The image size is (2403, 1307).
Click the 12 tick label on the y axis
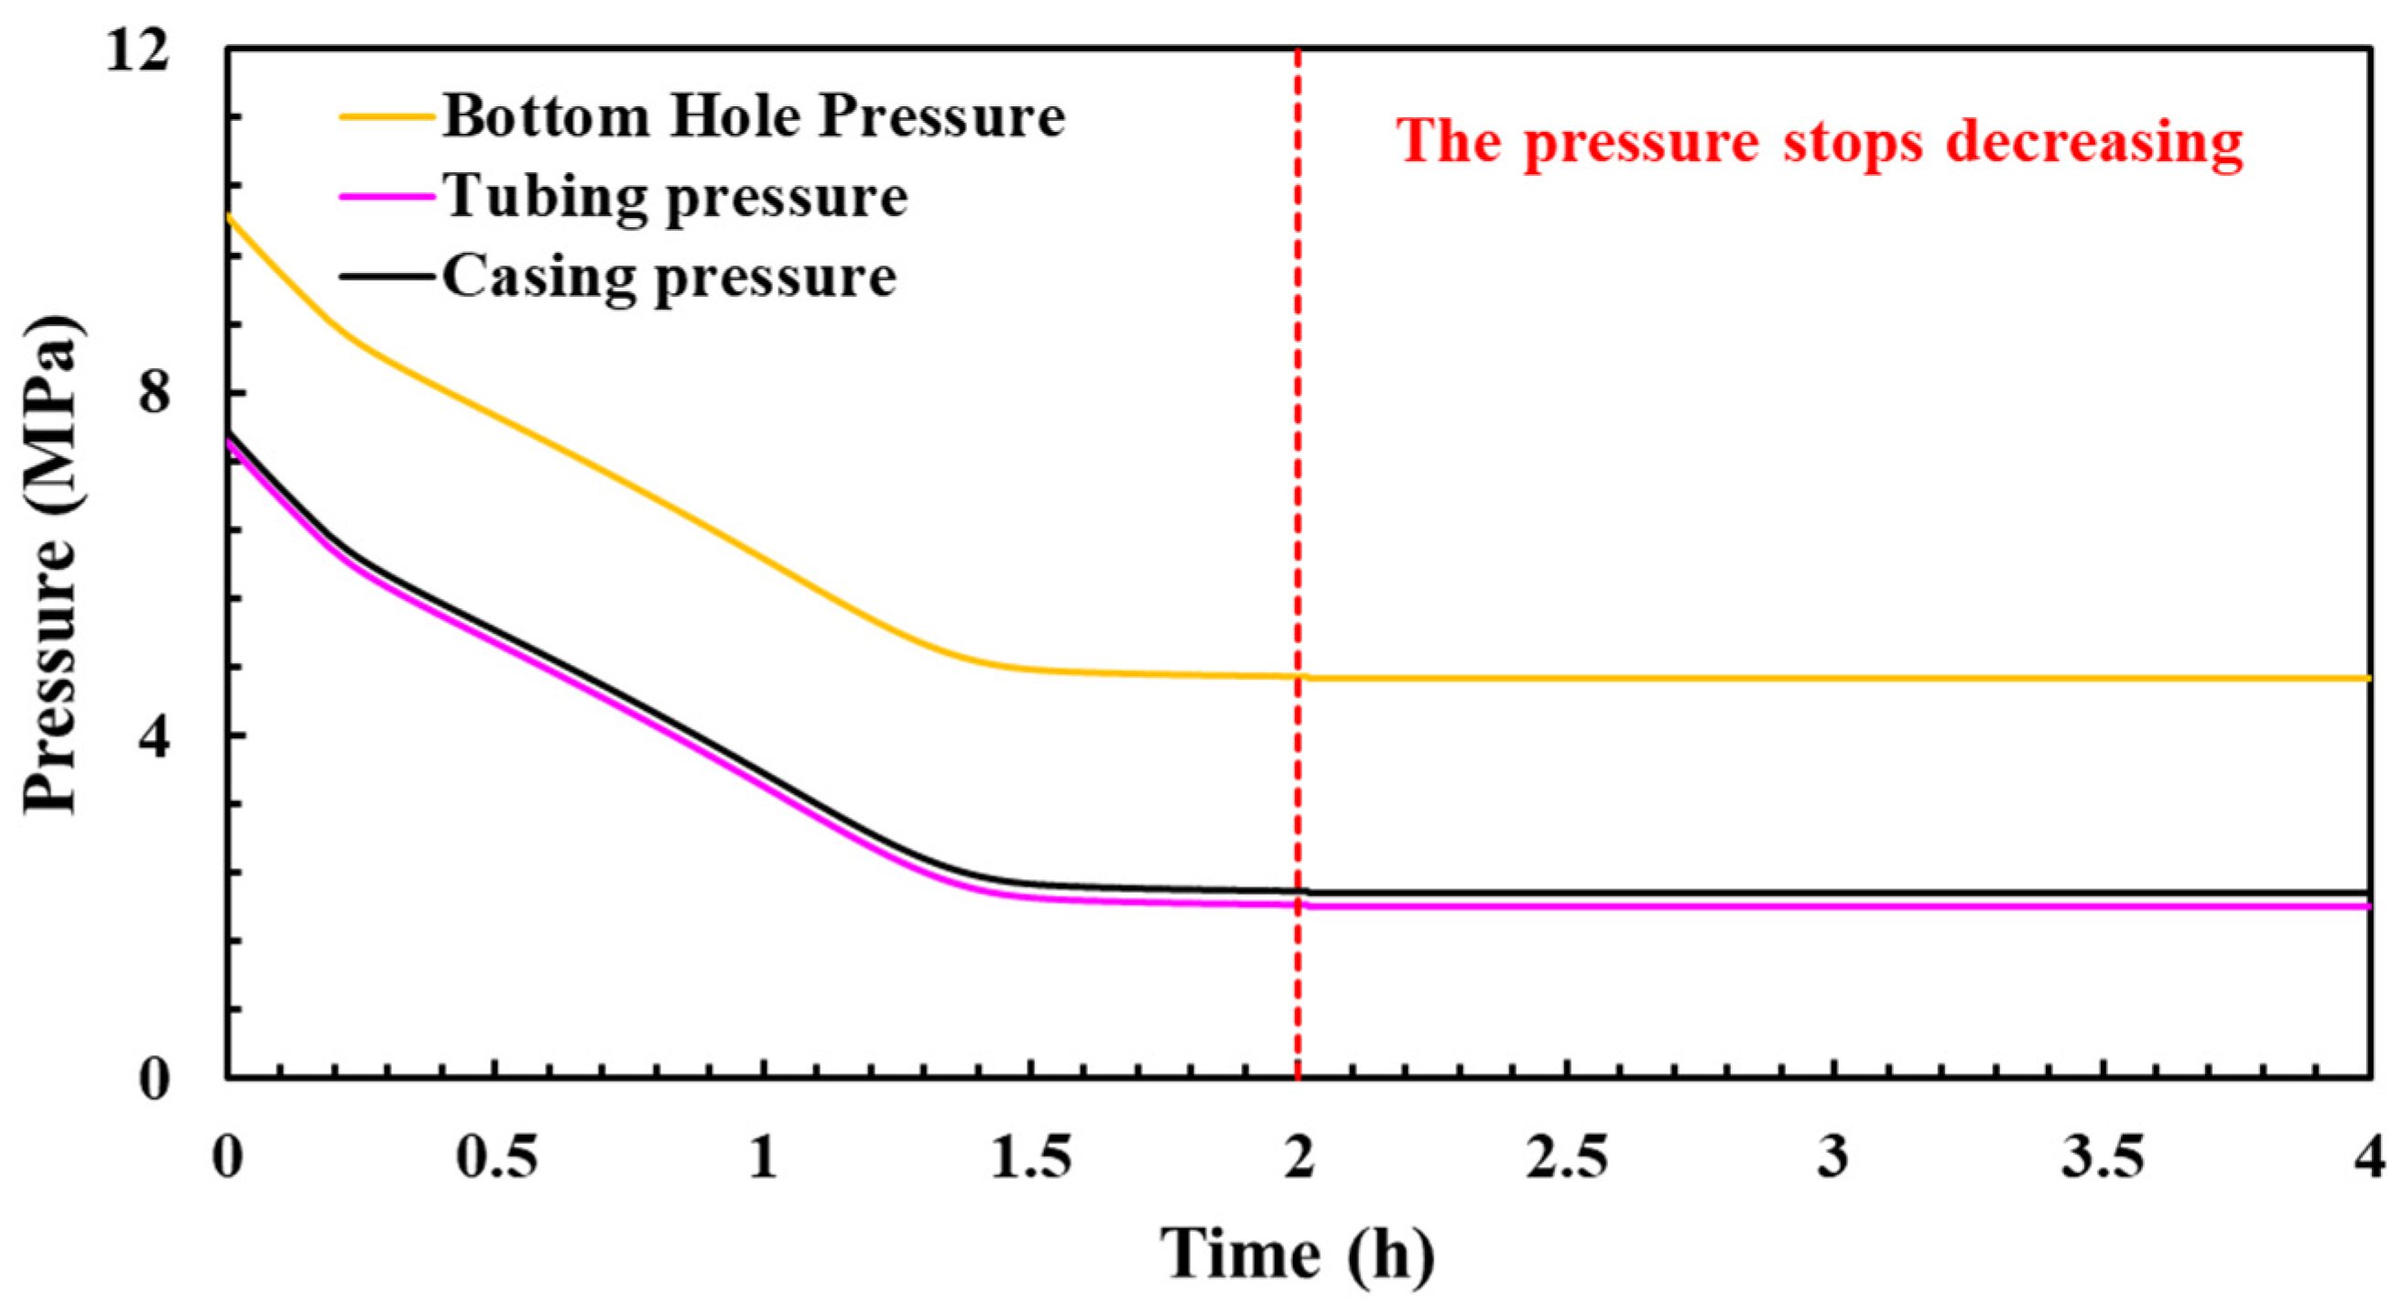coord(137,50)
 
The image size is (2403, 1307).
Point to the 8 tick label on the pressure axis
coord(153,395)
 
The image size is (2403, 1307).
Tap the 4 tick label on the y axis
coord(153,737)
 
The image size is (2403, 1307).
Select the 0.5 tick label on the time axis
coord(496,1158)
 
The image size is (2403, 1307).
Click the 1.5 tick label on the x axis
coord(1031,1158)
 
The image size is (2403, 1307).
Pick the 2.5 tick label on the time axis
coord(1567,1158)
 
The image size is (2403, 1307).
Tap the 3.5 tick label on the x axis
coord(2103,1158)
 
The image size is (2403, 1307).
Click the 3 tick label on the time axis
coord(1834,1158)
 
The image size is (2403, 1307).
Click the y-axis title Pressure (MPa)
coord(51,565)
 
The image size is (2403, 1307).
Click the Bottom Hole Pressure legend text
coord(754,117)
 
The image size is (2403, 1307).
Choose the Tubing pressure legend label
coord(675,197)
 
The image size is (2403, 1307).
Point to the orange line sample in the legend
coord(387,117)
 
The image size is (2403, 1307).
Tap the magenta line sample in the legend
coord(387,197)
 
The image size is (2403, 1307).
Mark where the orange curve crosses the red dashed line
coord(1298,676)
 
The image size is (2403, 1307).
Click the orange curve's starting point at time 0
coord(229,215)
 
